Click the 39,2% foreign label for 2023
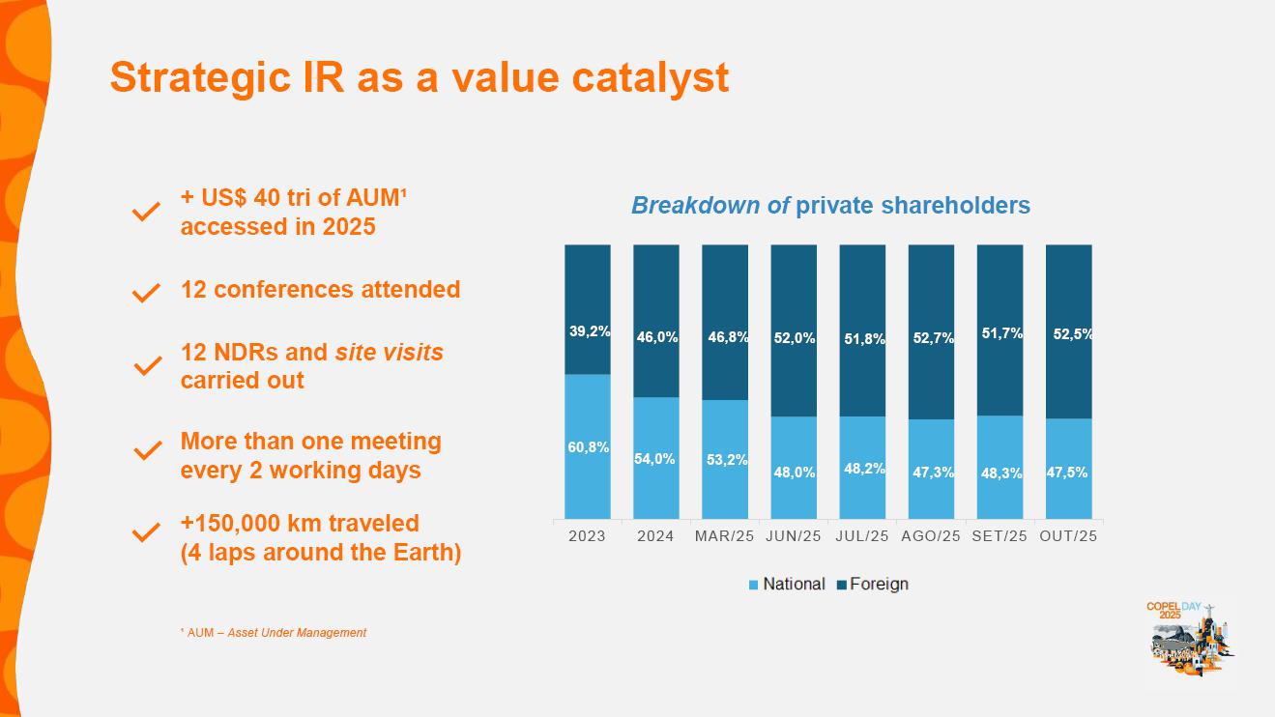(x=589, y=331)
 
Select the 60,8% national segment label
(x=589, y=447)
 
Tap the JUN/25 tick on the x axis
(x=794, y=536)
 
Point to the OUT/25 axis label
(x=1068, y=536)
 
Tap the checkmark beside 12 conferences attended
(x=146, y=292)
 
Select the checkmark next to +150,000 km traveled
(x=146, y=532)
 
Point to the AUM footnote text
(x=274, y=633)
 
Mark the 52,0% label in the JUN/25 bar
(x=794, y=338)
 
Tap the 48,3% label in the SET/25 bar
(x=1000, y=473)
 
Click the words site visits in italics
(x=389, y=353)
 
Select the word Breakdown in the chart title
(x=695, y=206)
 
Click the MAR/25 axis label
(x=724, y=536)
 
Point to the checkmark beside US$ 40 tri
(x=146, y=212)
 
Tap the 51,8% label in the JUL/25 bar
(x=862, y=338)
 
